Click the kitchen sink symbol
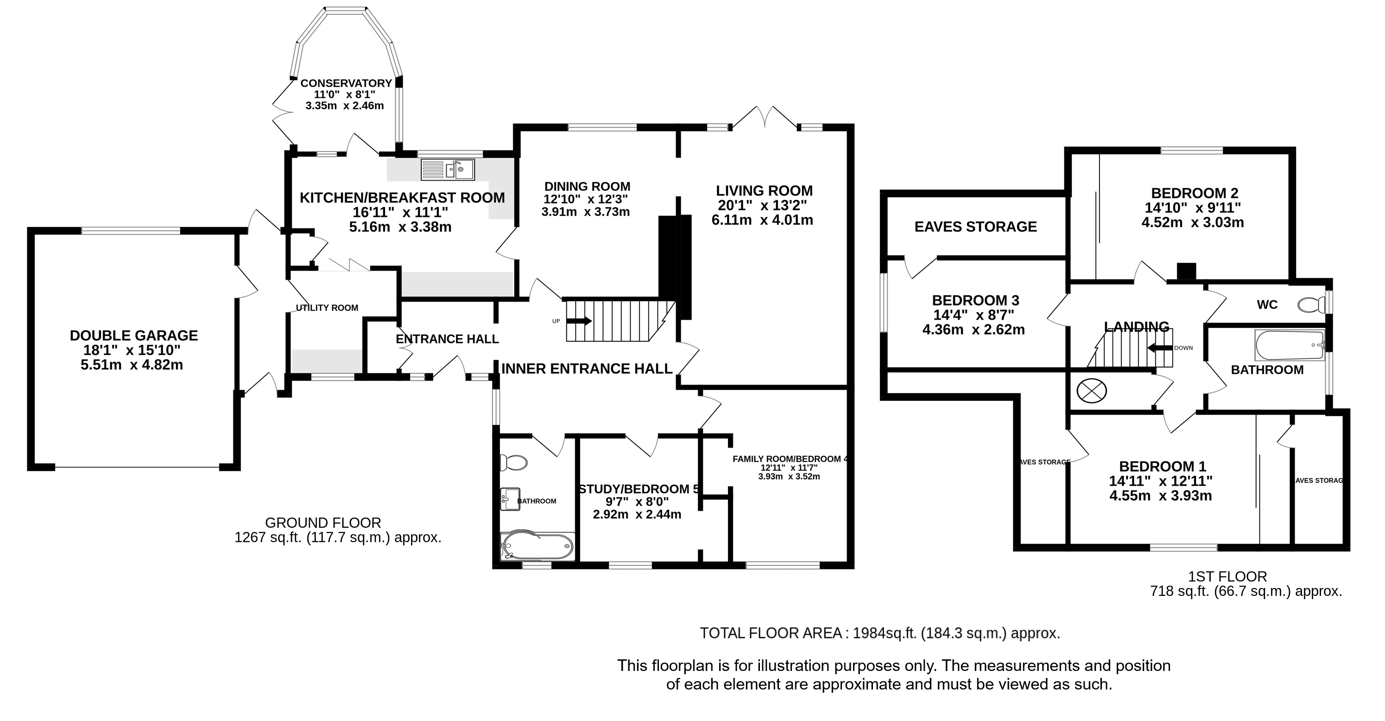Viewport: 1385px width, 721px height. tap(447, 170)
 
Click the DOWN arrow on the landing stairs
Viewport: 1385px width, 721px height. tap(1160, 348)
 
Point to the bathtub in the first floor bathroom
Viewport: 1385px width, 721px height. tap(1289, 345)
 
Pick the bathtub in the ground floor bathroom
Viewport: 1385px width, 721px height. tap(537, 547)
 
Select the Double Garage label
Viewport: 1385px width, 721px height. tap(134, 335)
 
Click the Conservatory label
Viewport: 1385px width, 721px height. tap(346, 83)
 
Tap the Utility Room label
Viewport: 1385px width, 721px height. tap(327, 308)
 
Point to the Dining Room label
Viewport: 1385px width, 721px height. tap(587, 187)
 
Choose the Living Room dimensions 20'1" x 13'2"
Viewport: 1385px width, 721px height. tap(762, 205)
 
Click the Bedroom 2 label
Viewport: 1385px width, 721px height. tap(1195, 193)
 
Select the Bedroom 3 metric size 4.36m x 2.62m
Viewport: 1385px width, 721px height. tap(974, 329)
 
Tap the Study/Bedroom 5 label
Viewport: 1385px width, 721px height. tap(639, 489)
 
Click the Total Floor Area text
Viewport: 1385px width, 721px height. tap(879, 633)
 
